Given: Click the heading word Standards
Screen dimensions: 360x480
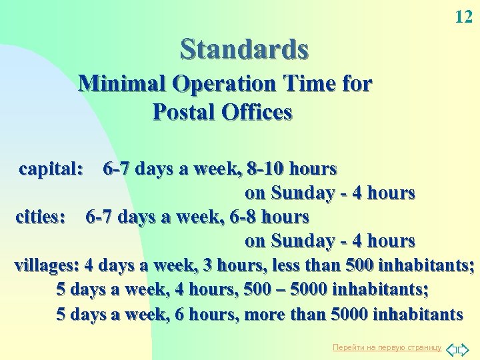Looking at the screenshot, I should (244, 49).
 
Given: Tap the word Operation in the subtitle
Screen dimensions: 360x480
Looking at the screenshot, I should (223, 84).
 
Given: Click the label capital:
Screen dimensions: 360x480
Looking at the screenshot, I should (51, 169).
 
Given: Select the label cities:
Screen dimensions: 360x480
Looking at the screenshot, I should (41, 217).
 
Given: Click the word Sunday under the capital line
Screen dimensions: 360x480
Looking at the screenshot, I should (299, 193).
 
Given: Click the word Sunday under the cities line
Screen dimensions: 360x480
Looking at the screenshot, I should (299, 241).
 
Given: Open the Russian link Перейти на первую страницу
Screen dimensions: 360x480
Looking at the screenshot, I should (387, 347).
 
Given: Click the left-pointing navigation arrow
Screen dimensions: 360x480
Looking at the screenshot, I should (451, 348).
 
